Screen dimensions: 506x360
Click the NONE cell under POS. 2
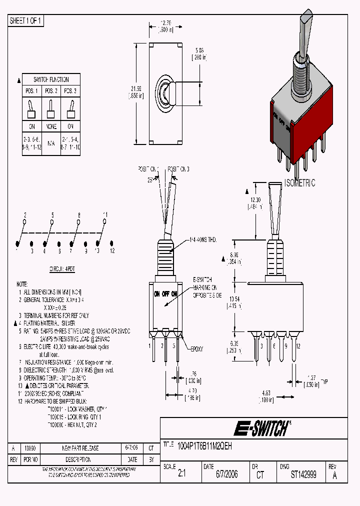[x=51, y=127]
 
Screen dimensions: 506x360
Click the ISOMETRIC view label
[x=300, y=183]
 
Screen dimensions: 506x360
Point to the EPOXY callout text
[x=196, y=349]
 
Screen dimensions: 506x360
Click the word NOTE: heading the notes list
[x=22, y=283]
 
